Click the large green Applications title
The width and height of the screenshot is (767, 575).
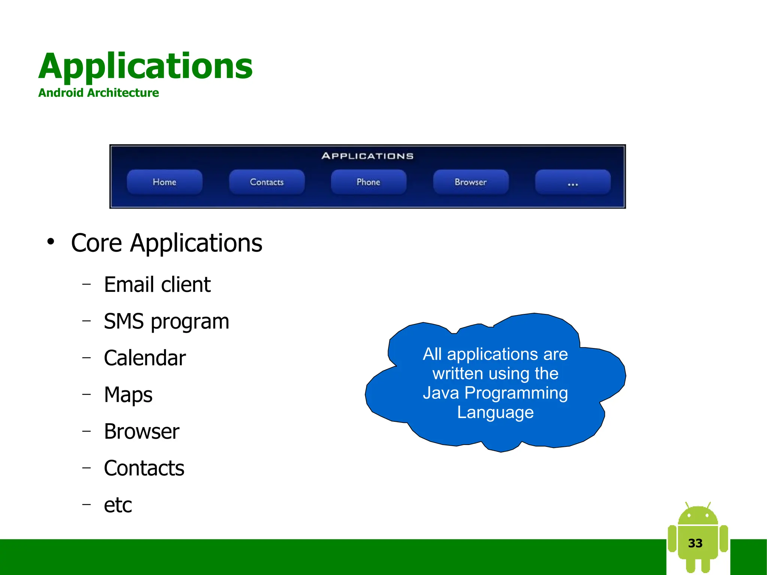(145, 66)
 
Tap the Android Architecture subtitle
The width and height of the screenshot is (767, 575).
(98, 93)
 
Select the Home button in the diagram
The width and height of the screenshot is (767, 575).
(164, 182)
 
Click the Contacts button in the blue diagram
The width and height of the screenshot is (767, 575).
(267, 182)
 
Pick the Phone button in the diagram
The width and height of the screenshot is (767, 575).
(369, 182)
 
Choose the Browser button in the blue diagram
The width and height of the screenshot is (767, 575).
(471, 182)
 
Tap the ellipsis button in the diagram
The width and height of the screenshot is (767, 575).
(573, 182)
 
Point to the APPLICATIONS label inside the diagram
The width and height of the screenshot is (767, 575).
(367, 156)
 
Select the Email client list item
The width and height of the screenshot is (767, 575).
(157, 284)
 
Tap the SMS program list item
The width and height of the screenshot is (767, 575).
(166, 321)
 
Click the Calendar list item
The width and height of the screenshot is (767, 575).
(145, 358)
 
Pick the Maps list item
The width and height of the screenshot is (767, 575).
(128, 394)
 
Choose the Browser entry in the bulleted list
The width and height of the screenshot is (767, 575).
(142, 431)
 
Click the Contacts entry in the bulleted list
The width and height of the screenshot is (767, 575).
(144, 468)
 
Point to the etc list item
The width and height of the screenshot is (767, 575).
(118, 505)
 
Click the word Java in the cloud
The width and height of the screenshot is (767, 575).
(440, 393)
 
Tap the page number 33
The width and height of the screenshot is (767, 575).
(695, 543)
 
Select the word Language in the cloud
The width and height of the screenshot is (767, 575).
(495, 412)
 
